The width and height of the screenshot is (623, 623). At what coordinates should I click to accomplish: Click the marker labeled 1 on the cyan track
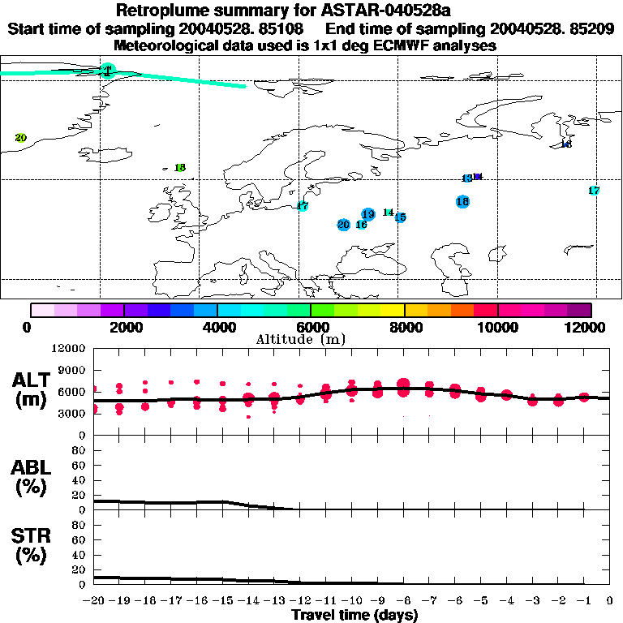pos(107,71)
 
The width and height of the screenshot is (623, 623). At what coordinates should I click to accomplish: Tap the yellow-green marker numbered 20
pos(21,138)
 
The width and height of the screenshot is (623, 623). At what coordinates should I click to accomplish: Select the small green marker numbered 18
pos(180,168)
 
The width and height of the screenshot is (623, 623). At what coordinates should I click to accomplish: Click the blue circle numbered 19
pos(368,214)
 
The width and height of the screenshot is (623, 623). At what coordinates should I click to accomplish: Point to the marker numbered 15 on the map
pos(400,217)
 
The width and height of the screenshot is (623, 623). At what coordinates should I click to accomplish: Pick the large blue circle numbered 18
pos(462,201)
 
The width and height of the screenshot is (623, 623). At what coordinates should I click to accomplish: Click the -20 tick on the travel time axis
pos(95,601)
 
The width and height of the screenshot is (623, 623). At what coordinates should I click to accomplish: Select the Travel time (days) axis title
pos(354,616)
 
